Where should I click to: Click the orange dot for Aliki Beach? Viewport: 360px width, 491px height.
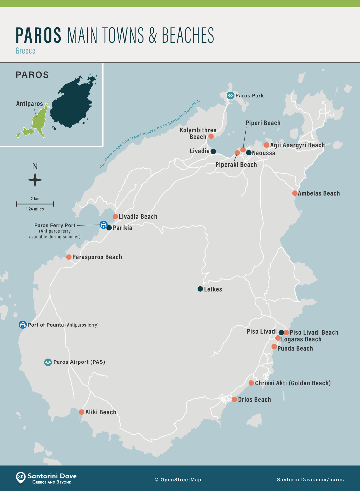tap(82, 412)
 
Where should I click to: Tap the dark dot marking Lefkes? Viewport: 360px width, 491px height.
tap(200, 289)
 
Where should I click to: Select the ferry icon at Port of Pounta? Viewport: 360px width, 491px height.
tap(23, 325)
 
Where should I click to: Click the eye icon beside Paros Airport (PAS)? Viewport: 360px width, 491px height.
tap(48, 362)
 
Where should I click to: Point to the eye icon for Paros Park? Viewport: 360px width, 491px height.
tap(231, 96)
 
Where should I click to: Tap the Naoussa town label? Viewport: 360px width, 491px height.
tap(264, 153)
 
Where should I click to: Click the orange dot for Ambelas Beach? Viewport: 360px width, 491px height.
tap(295, 193)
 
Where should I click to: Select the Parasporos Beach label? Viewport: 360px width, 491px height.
tap(97, 257)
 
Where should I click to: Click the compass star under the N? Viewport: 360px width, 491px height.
tap(35, 180)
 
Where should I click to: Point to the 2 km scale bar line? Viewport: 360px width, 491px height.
tap(35, 204)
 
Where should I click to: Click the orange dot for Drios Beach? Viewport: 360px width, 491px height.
tap(234, 399)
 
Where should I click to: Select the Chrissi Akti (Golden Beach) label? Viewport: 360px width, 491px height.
tap(293, 383)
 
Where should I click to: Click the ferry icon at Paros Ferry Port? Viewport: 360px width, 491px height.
tap(103, 225)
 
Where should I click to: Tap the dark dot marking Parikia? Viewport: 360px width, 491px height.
tap(109, 228)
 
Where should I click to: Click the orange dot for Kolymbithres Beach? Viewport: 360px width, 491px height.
tap(211, 136)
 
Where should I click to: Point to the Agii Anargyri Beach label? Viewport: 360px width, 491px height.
tap(297, 145)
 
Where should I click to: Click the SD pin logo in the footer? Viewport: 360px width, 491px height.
tap(21, 478)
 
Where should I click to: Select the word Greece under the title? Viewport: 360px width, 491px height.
tap(25, 51)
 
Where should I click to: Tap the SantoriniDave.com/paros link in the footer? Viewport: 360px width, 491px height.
tap(310, 480)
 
